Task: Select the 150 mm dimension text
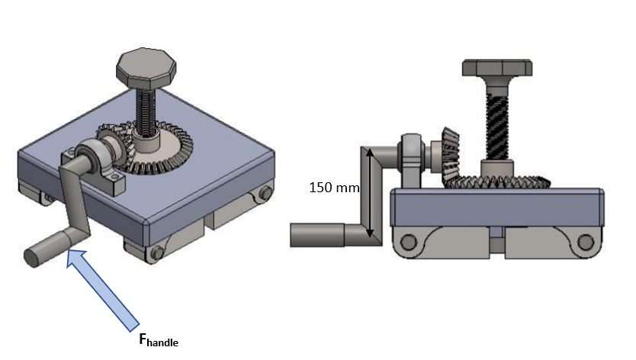pyautogui.click(x=333, y=187)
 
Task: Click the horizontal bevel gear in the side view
pyautogui.click(x=496, y=182)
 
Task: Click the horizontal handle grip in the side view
pyautogui.click(x=317, y=235)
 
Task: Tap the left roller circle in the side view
pyautogui.click(x=408, y=243)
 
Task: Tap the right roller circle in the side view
pyautogui.click(x=585, y=243)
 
